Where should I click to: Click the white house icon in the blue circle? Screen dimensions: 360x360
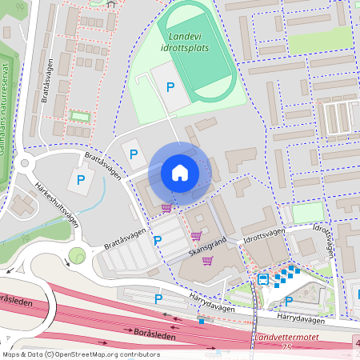pyautogui.click(x=180, y=172)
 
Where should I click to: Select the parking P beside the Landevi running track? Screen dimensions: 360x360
pyautogui.click(x=170, y=86)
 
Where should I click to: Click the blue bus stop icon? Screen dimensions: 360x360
pyautogui.click(x=262, y=279)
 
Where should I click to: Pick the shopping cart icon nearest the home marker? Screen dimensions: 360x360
pyautogui.click(x=166, y=208)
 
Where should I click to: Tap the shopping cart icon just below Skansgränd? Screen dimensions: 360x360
pyautogui.click(x=207, y=260)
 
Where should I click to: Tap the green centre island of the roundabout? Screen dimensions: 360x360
pyautogui.click(x=77, y=255)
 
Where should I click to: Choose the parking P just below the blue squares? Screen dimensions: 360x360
pyautogui.click(x=288, y=302)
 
